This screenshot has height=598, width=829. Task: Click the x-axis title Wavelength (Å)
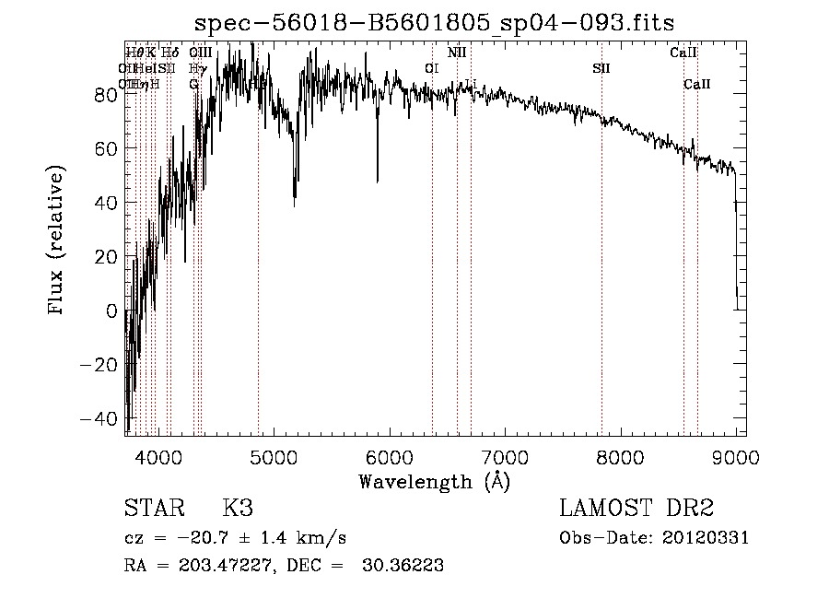coord(434,480)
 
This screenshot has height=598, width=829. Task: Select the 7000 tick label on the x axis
coord(505,456)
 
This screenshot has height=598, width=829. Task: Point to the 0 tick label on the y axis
coord(112,311)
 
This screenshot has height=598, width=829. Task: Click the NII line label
coord(457,53)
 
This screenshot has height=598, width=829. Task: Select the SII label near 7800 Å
coord(601,68)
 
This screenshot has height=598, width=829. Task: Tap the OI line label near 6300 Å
coord(431,68)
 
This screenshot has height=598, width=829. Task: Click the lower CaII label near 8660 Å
coord(697,85)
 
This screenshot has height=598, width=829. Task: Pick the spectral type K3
coord(238,509)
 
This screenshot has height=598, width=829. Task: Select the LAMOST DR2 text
coord(636,509)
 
